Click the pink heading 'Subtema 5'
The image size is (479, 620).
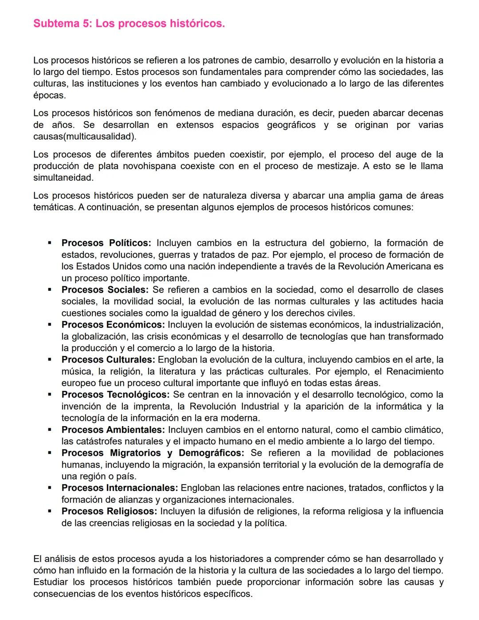click(x=129, y=24)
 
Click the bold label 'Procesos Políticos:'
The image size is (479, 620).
click(x=106, y=243)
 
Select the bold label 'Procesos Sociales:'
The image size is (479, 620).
click(x=105, y=290)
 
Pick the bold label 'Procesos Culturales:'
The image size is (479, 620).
click(x=108, y=360)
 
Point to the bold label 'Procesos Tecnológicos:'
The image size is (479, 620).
click(x=115, y=395)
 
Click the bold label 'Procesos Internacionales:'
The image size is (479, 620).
click(x=119, y=488)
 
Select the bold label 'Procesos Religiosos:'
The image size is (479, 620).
click(x=109, y=511)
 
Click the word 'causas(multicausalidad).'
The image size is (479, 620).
click(x=85, y=137)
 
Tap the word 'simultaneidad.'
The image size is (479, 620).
click(x=63, y=178)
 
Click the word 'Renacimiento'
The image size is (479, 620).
click(x=415, y=371)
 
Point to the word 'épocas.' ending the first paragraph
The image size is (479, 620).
click(x=49, y=95)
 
